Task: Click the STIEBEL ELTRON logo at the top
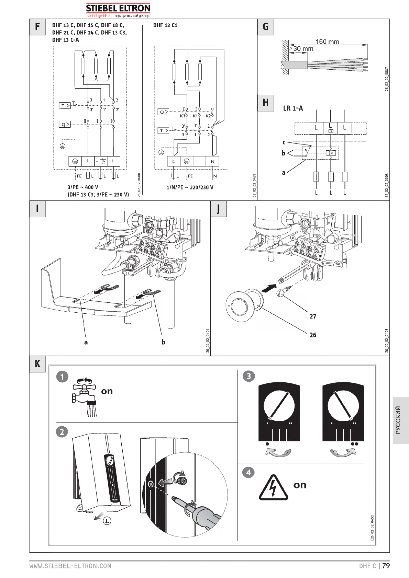tap(118, 9)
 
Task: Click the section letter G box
tap(265, 27)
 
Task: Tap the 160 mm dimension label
tap(327, 42)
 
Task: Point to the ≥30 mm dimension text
tap(301, 49)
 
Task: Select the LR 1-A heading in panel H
tap(293, 108)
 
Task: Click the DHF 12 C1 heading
tap(165, 25)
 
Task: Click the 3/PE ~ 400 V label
tap(83, 187)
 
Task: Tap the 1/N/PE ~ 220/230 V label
tap(190, 187)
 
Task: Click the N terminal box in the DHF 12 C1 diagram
tap(212, 161)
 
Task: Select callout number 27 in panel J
tap(313, 316)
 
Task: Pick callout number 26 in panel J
tap(313, 335)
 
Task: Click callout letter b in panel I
tap(164, 342)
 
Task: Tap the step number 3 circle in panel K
tap(249, 376)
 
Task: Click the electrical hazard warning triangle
tap(273, 488)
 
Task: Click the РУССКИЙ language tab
tap(398, 420)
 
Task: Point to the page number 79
tap(386, 566)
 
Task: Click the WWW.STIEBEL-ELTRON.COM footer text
tap(70, 566)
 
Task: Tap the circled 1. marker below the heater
tap(107, 521)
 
